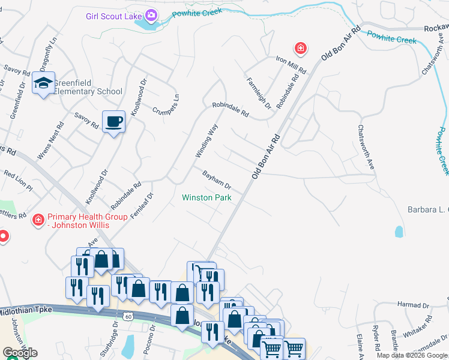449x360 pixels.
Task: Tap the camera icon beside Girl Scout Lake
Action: [x=151, y=14]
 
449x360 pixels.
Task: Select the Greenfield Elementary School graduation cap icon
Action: [x=43, y=83]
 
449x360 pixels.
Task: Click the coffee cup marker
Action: [x=113, y=122]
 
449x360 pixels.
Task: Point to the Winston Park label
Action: [x=206, y=197]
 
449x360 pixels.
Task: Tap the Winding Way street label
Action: [x=205, y=141]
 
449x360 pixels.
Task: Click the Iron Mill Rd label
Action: [x=291, y=65]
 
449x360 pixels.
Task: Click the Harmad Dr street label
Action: [x=414, y=305]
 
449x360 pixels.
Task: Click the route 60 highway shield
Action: [x=128, y=316]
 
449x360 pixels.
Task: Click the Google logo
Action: [x=20, y=353]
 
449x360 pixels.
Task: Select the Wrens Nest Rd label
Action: [x=50, y=142]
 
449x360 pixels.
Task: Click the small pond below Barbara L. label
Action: [x=399, y=231]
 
